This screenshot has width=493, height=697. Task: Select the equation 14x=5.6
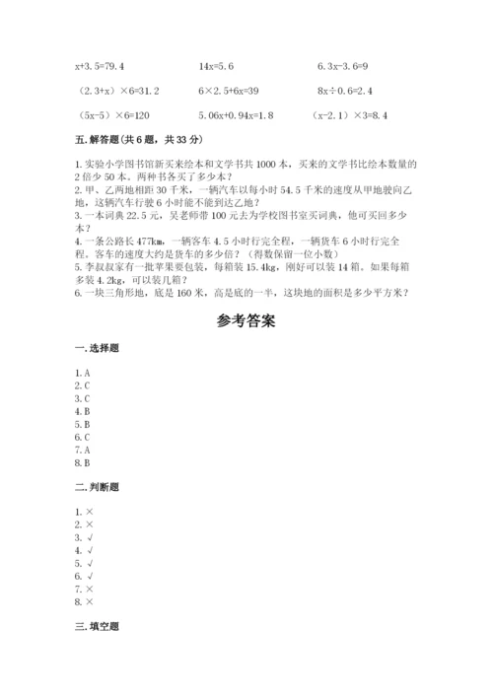click(215, 67)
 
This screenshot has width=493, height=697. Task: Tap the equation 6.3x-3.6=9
click(343, 67)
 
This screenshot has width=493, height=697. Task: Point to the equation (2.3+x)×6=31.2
click(117, 91)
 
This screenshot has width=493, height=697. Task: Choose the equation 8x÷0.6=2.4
click(346, 91)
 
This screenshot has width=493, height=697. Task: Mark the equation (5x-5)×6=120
click(106, 114)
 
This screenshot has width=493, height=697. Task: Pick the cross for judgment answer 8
click(90, 600)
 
